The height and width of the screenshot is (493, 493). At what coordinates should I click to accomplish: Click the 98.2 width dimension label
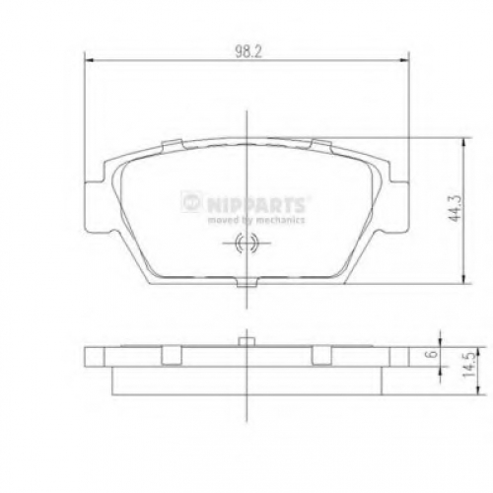[248, 51]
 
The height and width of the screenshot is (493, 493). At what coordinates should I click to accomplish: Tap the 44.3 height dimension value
[456, 208]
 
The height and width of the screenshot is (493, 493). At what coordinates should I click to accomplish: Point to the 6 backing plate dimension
[433, 354]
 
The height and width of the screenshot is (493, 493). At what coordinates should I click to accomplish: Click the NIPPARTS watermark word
[256, 204]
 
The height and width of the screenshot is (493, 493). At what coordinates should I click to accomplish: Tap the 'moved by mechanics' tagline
[256, 220]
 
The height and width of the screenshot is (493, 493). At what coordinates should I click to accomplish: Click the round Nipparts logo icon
[190, 202]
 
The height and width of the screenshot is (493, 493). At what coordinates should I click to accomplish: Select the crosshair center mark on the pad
[246, 244]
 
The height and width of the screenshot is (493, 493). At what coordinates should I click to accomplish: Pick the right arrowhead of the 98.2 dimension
[404, 60]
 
